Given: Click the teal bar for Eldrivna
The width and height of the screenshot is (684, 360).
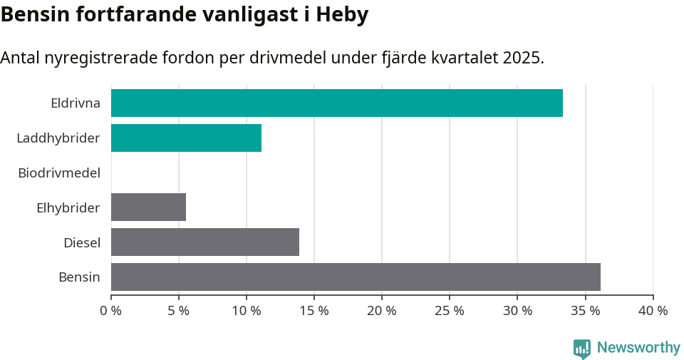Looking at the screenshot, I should point(336,103).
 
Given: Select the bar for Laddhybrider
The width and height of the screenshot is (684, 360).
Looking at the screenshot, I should point(186,138).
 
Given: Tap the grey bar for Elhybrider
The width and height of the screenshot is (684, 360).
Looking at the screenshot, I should point(148,207).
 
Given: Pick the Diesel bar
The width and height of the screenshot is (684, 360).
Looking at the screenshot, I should point(204,242).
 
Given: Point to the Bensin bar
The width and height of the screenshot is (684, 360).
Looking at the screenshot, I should point(356,277).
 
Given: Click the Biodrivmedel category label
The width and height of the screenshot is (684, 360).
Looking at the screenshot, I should point(59,173).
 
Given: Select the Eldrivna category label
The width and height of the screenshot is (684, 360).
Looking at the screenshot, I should point(76,103).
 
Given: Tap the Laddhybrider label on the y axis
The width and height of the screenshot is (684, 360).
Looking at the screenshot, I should point(58,138).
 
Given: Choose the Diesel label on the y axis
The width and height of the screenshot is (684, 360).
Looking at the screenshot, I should point(82,242).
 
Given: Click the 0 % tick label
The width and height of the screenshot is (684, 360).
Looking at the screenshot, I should point(111,311).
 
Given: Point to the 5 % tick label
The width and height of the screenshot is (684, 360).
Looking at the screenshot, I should point(179,311).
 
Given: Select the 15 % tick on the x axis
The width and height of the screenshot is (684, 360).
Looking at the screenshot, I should point(314,311).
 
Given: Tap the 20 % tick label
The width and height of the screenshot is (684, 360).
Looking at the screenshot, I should point(382,311).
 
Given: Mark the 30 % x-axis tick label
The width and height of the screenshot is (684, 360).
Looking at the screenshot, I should point(517,311).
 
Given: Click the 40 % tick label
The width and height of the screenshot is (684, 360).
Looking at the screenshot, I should point(653,311).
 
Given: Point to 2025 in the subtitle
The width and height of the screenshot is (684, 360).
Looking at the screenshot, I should point(521,58).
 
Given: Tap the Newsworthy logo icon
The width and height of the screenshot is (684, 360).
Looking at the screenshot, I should point(582,349).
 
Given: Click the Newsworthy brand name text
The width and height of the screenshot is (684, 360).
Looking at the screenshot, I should point(638,348).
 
